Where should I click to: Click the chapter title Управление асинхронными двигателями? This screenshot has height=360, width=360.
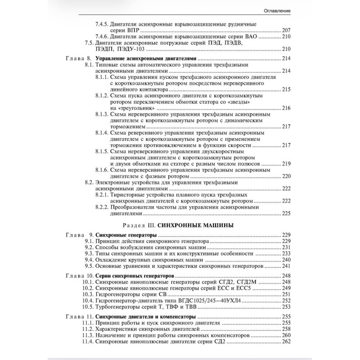click(147, 59)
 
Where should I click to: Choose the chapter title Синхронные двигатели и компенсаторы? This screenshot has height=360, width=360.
click(146, 317)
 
